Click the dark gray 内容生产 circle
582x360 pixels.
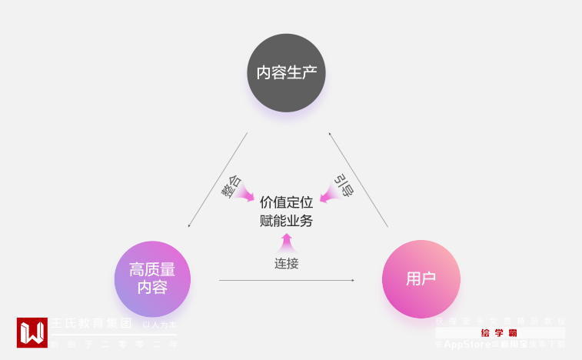[x=286, y=73]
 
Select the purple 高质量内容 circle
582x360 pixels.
[x=152, y=278]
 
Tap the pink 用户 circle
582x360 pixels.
[x=421, y=278]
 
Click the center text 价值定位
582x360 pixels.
[x=286, y=202]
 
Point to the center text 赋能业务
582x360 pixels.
[x=286, y=221]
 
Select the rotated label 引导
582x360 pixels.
[x=344, y=185]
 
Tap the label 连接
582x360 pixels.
[x=286, y=263]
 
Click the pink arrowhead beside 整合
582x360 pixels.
[x=247, y=195]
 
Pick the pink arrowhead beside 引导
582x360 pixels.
[x=328, y=195]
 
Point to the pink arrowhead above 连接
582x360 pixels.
[x=286, y=242]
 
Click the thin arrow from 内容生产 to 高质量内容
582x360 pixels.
[x=218, y=180]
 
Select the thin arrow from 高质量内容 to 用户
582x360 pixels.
[x=286, y=280]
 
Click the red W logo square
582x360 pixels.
[x=32, y=332]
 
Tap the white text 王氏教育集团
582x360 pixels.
[x=91, y=324]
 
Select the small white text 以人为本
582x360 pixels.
[x=159, y=325]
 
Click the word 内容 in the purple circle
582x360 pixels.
[x=152, y=288]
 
